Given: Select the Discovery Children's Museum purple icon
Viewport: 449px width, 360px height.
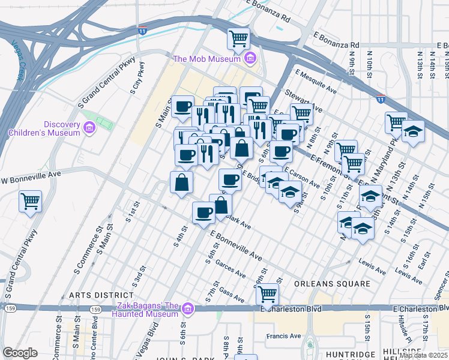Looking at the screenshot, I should [x=89, y=127].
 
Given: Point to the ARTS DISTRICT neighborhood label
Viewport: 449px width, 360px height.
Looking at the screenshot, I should [x=101, y=295].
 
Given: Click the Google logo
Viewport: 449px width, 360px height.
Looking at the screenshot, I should [x=20, y=353].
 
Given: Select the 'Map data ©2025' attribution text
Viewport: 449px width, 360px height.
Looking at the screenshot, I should [x=424, y=355].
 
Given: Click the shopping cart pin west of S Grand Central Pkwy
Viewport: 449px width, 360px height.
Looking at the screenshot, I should [x=30, y=202].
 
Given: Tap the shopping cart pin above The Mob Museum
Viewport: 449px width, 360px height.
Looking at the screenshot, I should [x=238, y=39].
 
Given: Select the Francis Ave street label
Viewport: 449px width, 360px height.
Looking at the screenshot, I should [x=284, y=336].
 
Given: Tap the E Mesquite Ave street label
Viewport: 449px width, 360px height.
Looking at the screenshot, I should [x=315, y=82].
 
